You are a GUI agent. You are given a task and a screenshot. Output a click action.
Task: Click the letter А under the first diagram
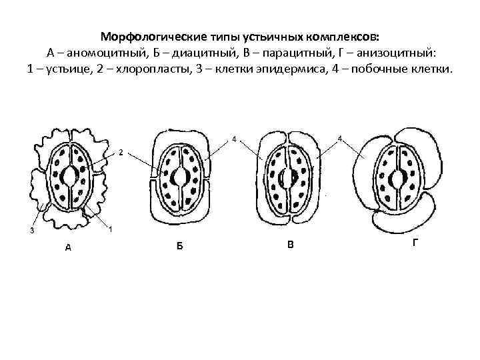click(67, 247)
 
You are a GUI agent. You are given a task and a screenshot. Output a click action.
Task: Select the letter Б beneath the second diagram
click(179, 247)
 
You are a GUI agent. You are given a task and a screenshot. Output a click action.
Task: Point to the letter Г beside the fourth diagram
click(415, 243)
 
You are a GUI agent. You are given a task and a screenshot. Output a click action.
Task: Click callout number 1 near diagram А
click(109, 230)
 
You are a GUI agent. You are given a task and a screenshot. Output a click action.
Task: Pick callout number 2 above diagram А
click(120, 152)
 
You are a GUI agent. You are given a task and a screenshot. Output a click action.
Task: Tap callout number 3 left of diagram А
click(32, 231)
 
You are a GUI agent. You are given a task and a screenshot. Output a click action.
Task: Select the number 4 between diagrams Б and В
click(234, 139)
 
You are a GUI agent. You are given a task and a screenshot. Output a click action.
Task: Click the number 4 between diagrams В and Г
click(340, 139)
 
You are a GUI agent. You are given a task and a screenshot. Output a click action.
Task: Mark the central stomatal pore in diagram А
click(69, 176)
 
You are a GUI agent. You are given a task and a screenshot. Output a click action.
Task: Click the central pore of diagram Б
click(179, 177)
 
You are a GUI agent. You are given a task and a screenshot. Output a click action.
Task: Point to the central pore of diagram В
click(289, 177)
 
